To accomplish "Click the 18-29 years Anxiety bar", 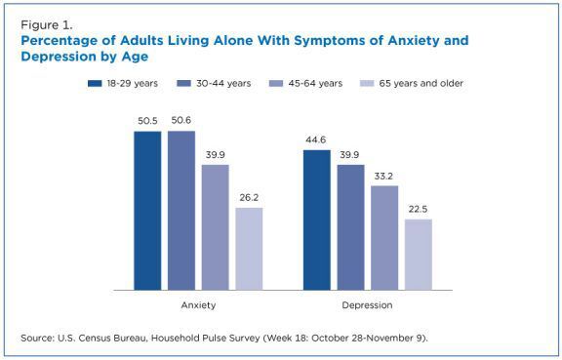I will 147,210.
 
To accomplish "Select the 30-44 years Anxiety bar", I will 181,210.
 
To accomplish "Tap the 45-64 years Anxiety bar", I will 215,226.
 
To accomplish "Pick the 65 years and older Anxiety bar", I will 249,248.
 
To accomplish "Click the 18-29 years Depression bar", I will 317,220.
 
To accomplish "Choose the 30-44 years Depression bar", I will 350,226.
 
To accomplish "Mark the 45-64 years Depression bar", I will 384,237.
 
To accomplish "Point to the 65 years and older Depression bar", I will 418,254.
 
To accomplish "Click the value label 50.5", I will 147,121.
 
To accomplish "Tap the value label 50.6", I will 181,121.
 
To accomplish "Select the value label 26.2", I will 249,197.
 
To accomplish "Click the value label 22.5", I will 418,209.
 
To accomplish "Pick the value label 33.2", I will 384,176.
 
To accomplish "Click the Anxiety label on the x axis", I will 198,304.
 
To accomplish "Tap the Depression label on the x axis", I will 367,304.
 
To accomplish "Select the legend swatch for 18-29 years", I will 95,84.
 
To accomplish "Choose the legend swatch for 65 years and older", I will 368,84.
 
